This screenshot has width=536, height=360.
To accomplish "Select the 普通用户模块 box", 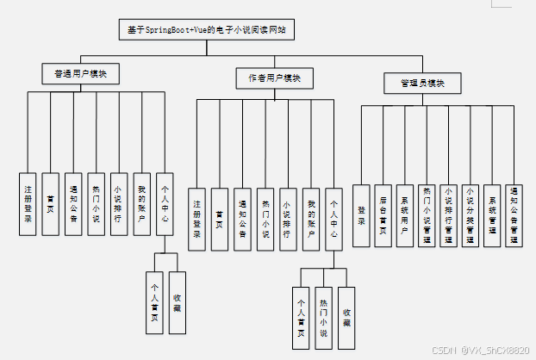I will point(80,74).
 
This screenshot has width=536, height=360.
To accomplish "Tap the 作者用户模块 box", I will point(268,78).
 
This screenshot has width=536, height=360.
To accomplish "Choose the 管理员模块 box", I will point(422,83).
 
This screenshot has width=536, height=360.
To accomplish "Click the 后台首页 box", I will point(383,215).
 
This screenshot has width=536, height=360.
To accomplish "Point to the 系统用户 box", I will point(405,215).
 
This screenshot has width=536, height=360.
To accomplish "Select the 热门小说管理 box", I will point(427,215).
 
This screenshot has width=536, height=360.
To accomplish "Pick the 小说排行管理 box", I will point(448,215).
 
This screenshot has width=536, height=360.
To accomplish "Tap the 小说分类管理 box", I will point(470,215).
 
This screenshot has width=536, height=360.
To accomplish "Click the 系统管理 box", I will point(491,215).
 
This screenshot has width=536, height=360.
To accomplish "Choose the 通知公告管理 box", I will point(514,215).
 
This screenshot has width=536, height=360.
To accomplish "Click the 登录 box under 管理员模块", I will point(362,215).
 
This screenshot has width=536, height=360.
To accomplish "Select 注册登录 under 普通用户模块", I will point(28,202).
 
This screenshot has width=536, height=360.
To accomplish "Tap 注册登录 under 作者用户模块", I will point(197,219).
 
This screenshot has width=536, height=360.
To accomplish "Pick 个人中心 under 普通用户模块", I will point(165,202).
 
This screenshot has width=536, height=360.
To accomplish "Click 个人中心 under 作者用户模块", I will point(334,219).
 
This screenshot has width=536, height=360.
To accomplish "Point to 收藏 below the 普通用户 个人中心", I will point(177,297).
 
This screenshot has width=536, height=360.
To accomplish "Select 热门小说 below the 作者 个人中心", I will point(323,316).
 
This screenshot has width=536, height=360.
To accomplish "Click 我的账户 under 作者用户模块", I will point(312,219).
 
